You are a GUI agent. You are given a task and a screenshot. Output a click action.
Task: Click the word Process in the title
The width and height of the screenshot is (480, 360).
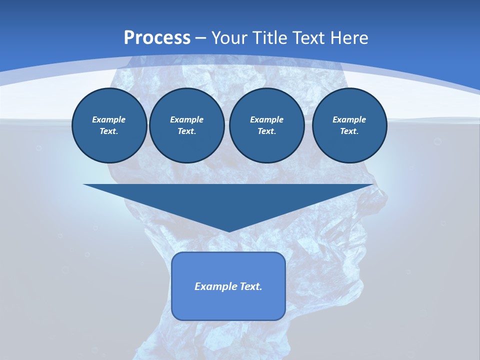(157, 38)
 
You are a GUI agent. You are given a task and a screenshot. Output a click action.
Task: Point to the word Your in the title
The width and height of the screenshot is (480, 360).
(229, 38)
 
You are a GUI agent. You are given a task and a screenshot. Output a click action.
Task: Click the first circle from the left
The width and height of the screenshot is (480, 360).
(109, 125)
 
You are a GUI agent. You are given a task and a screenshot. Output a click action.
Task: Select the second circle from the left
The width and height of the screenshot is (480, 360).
(186, 125)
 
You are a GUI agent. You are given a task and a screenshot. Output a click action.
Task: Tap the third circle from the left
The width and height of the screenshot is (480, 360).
(266, 125)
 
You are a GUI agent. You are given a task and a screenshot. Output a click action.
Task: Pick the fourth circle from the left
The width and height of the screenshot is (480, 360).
(349, 125)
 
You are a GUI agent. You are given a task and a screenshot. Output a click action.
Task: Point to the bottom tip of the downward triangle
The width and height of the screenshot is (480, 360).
(228, 230)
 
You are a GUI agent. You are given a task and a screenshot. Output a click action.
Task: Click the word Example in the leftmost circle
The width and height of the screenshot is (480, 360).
(109, 119)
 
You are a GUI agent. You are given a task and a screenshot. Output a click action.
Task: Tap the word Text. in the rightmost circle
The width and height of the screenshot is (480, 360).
(349, 131)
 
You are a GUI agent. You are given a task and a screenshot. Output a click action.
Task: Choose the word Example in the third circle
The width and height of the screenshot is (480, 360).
(266, 119)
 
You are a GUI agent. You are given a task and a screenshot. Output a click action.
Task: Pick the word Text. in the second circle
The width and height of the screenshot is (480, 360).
(186, 131)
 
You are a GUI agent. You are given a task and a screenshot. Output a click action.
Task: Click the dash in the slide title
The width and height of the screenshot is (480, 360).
(201, 38)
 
